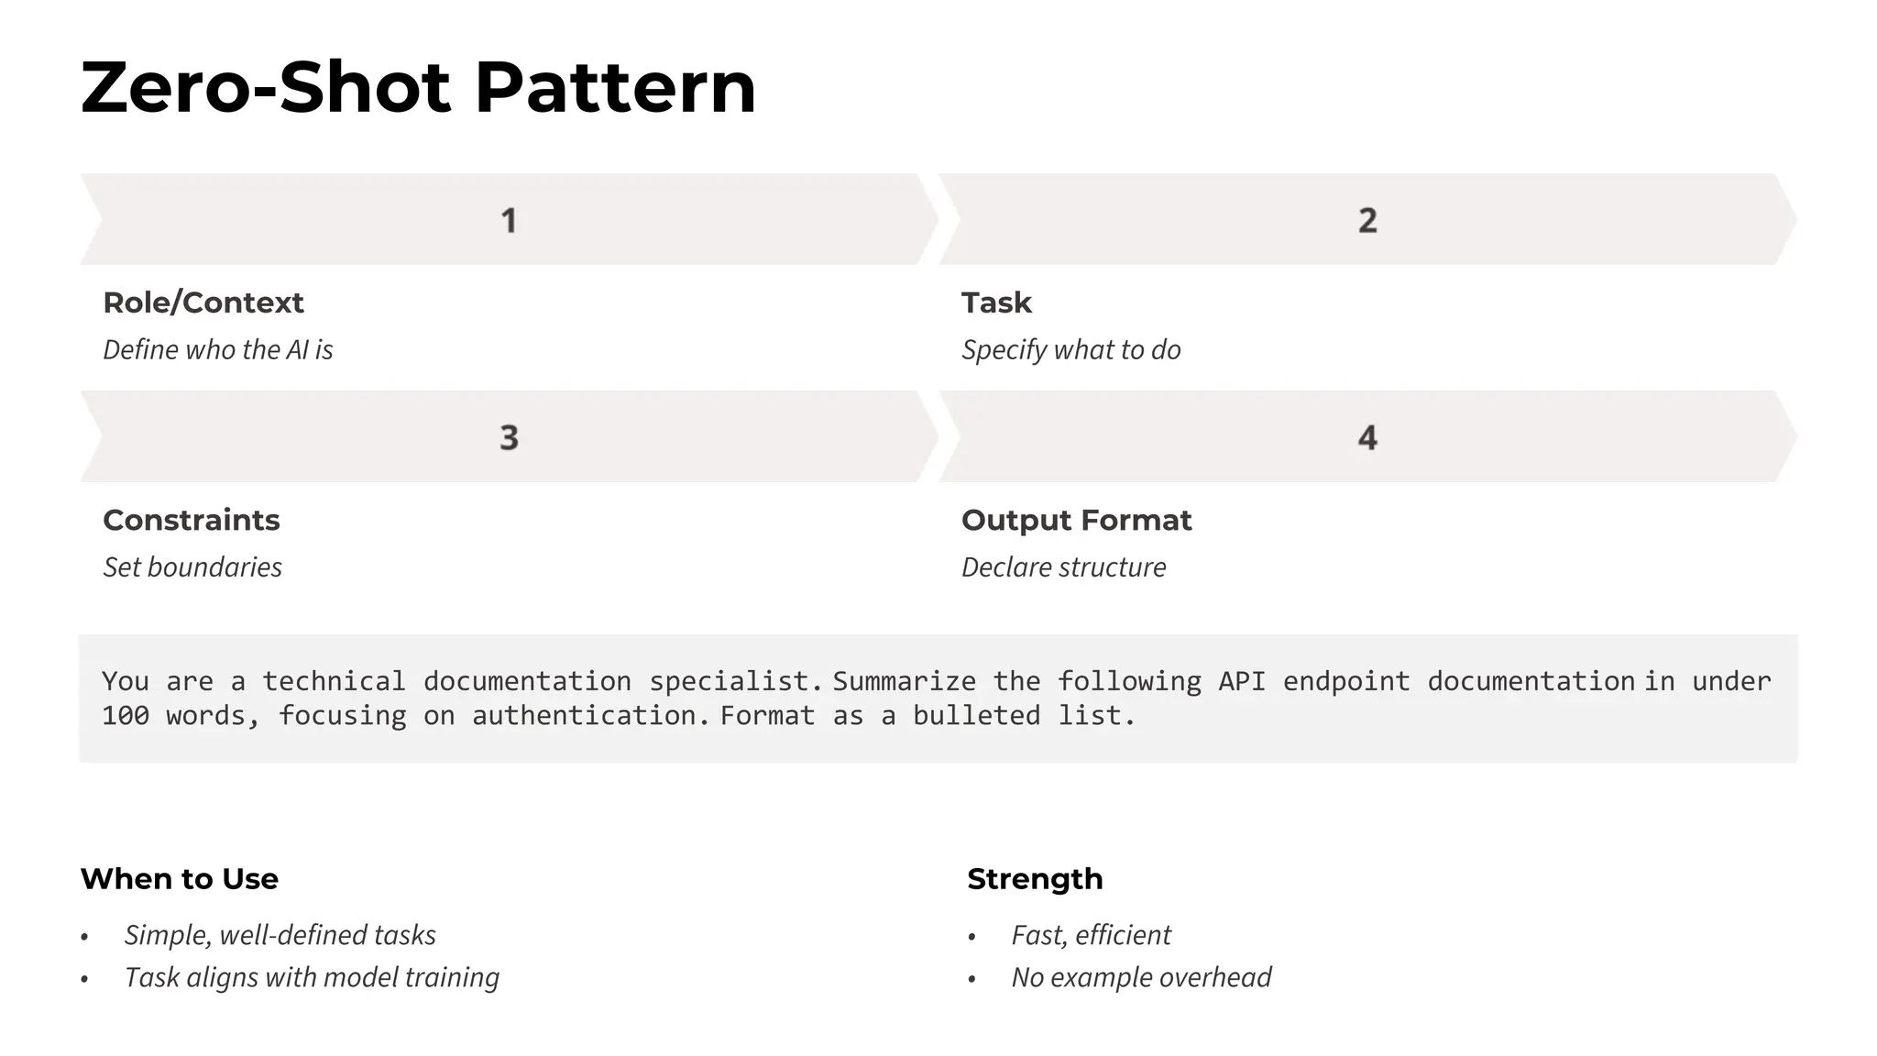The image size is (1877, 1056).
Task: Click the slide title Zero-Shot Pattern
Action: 418,88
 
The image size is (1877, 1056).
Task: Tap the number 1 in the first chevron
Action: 509,220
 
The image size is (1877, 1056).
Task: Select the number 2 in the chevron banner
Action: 1367,220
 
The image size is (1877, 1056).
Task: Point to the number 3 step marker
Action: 509,437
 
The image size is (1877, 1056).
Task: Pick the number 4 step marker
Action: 1367,437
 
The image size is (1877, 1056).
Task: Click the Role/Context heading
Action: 203,302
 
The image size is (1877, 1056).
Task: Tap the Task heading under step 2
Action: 996,302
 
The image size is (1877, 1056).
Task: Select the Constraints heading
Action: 191,520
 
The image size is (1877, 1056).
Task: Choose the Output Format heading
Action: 1076,520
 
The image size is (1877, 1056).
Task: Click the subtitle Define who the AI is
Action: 217,349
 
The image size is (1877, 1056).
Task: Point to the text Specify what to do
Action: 1070,349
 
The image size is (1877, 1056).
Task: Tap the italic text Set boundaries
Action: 192,566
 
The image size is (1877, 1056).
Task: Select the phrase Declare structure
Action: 1063,566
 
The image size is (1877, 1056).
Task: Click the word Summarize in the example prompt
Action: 904,681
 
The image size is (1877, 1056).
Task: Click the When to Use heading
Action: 179,878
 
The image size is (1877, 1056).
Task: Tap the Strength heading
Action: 1035,878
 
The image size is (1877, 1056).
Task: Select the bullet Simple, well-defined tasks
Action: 280,934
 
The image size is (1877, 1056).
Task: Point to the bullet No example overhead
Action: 1141,977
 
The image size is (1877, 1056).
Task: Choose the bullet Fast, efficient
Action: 1091,934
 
